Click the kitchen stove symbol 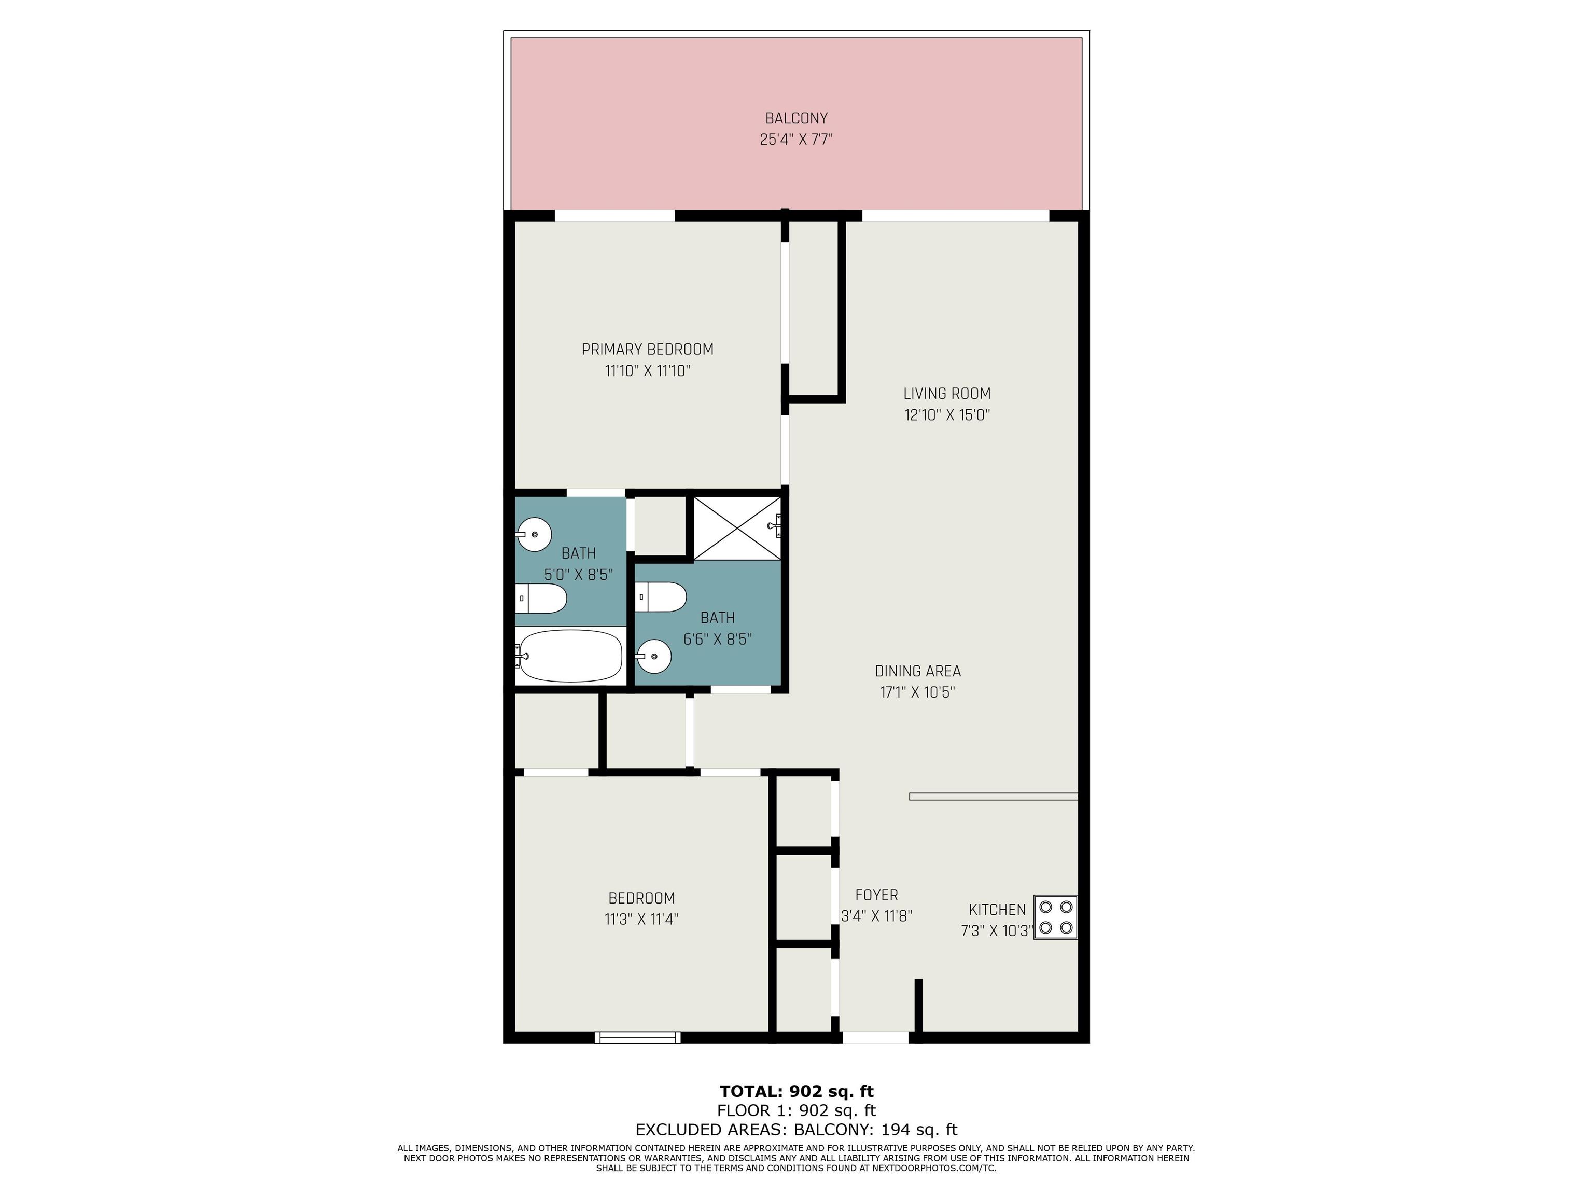[1056, 917]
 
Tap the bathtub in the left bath [569, 656]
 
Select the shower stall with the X [737, 528]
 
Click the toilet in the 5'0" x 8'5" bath [541, 598]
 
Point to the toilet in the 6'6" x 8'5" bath [661, 596]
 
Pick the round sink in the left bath [534, 534]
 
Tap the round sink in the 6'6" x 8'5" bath [653, 656]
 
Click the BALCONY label [796, 118]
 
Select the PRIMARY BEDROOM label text [648, 350]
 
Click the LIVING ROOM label [947, 393]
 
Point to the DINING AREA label [917, 671]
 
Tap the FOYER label [876, 895]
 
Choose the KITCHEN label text [997, 910]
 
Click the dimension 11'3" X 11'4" [641, 920]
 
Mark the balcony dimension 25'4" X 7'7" [796, 140]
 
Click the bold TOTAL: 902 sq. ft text [796, 1091]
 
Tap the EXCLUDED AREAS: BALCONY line [796, 1130]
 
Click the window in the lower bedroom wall [637, 1037]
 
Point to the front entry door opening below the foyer [876, 1037]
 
